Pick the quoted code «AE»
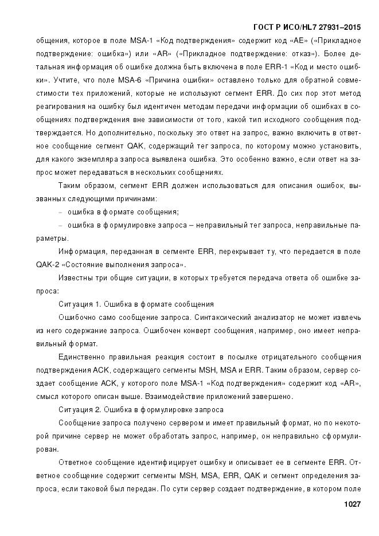288,41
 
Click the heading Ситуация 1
79,304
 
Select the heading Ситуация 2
79,409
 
